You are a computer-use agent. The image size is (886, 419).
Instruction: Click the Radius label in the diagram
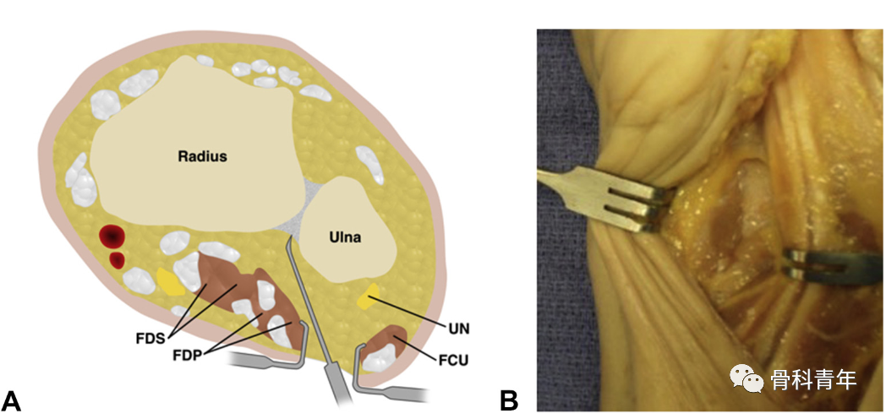pos(204,156)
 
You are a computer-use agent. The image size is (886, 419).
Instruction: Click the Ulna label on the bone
pos(345,238)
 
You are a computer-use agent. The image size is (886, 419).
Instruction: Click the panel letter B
pos(508,400)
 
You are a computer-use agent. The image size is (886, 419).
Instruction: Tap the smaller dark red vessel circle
pos(118,259)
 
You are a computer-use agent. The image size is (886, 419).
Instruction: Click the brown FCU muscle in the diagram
pos(391,343)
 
